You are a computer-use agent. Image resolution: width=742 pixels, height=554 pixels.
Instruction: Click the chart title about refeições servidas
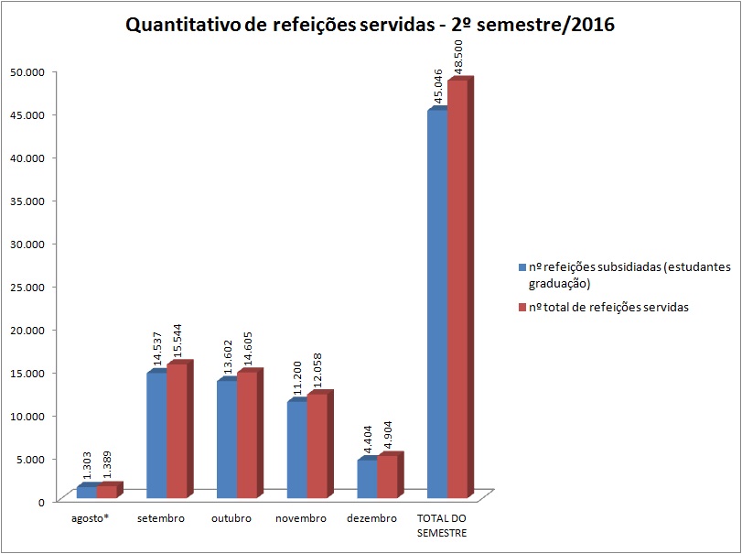pos(370,25)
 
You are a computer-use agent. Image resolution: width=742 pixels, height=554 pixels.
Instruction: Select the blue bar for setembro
pos(156,437)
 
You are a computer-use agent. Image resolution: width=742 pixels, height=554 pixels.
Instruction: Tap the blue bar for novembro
pos(296,451)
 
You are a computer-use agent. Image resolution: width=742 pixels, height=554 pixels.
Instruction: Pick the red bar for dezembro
pos(387,477)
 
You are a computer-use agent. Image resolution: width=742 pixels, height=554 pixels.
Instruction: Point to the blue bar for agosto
pos(86,492)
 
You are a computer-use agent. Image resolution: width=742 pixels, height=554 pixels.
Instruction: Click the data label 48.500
pos(460,57)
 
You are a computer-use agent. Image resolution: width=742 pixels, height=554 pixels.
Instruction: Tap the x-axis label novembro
pos(301,518)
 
